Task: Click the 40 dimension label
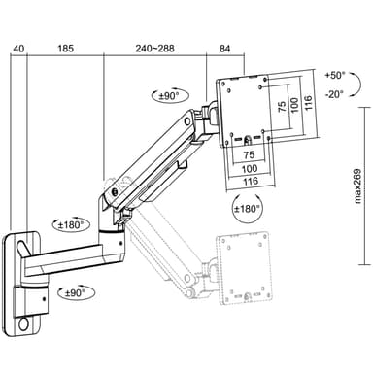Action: point(18,49)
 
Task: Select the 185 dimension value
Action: point(66,49)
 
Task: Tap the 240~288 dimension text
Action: point(154,49)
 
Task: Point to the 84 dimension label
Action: point(224,49)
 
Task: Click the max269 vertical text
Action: point(357,186)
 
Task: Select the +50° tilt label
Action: point(335,76)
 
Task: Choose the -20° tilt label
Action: point(334,94)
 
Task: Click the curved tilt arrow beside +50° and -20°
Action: point(359,85)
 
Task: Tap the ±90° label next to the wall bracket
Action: point(75,293)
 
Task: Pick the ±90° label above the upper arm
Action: point(169,95)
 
